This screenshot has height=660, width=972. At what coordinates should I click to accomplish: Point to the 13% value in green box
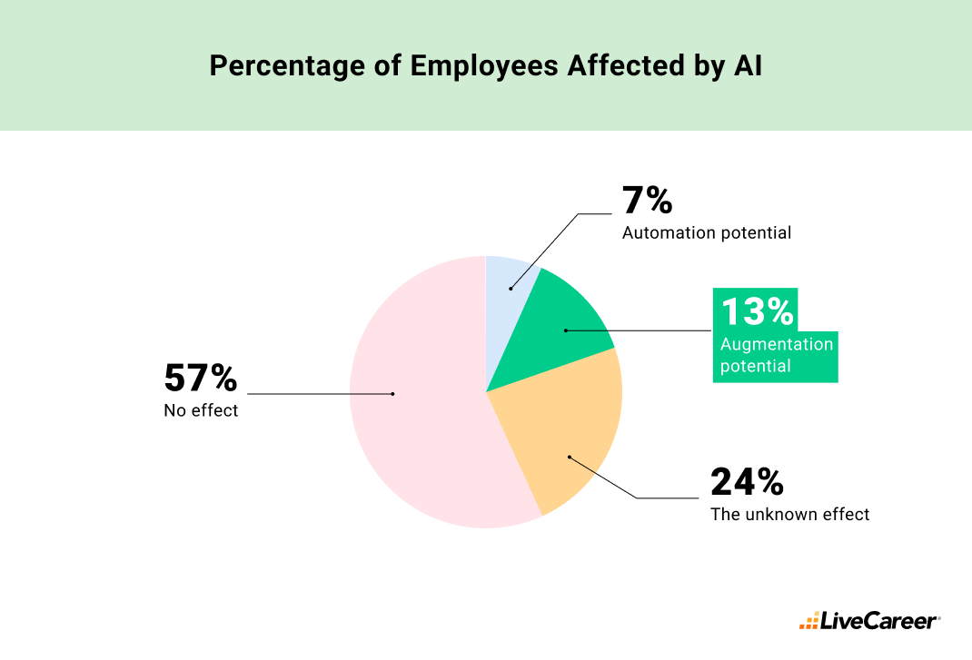(x=758, y=312)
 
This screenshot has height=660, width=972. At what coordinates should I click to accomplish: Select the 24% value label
(x=746, y=482)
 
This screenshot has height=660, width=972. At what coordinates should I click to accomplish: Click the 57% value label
(x=200, y=378)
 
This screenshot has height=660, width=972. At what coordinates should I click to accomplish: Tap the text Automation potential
(x=706, y=233)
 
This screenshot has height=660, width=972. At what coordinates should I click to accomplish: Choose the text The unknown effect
(x=789, y=515)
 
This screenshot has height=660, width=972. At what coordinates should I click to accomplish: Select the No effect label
(x=201, y=411)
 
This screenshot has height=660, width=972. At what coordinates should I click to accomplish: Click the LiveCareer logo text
(x=878, y=622)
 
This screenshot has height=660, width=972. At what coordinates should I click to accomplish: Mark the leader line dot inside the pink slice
(x=392, y=394)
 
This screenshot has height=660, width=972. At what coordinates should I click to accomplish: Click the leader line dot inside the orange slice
(x=569, y=457)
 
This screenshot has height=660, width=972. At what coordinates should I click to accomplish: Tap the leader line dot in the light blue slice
(x=511, y=289)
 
